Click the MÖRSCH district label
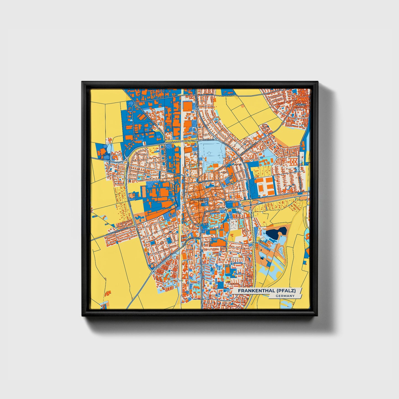[300, 105]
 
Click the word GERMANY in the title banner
[285, 296]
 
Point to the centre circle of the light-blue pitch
[212, 155]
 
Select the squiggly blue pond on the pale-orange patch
[139, 218]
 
